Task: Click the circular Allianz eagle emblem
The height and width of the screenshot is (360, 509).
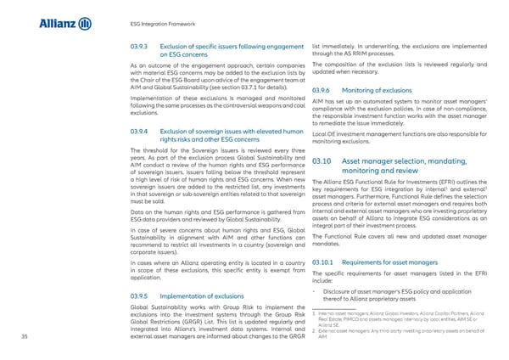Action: (86, 24)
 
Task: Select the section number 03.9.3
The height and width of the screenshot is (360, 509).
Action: (138, 45)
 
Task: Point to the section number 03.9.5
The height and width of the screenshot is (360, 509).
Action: (138, 296)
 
